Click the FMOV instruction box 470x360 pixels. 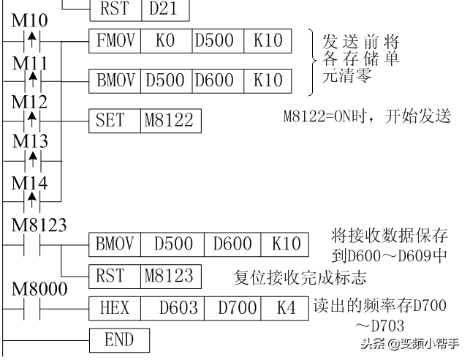[x=115, y=41]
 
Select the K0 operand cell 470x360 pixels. [x=167, y=41]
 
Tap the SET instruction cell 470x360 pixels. [x=115, y=121]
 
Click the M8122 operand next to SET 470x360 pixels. [x=171, y=121]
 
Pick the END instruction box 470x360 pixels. [x=119, y=340]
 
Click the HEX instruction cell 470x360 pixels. [x=115, y=308]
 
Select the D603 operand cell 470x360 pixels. [x=173, y=308]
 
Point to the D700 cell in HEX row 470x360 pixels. [x=232, y=308]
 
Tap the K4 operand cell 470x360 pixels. [x=285, y=308]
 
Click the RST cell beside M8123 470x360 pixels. [x=115, y=277]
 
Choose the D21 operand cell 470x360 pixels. [x=165, y=9]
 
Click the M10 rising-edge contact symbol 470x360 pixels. [x=31, y=40]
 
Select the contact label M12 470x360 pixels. [x=29, y=102]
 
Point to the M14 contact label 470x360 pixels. [x=29, y=183]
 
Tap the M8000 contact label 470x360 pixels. [x=39, y=289]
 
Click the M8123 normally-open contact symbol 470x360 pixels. [x=31, y=245]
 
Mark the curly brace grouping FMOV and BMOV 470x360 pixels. [x=313, y=62]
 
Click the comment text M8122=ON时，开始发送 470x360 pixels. [x=367, y=116]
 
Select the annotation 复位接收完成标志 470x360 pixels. [x=300, y=277]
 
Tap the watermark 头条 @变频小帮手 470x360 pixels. [x=410, y=344]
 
